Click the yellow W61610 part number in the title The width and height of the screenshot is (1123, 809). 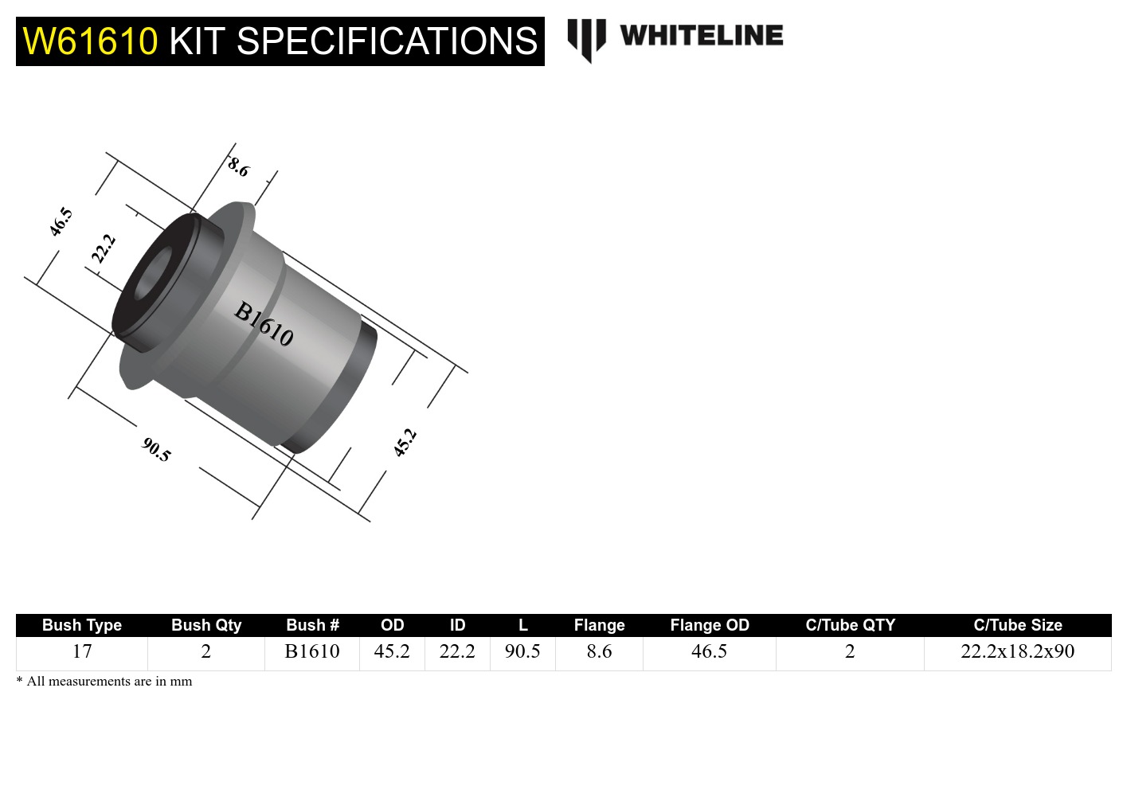90,41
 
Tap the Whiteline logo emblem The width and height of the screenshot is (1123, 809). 586,39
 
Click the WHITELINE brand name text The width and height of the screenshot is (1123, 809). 701,36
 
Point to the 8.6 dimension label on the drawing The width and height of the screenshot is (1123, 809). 238,167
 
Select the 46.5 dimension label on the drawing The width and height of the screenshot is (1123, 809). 61,221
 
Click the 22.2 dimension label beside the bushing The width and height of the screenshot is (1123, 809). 104,248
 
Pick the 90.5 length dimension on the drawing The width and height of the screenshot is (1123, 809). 156,450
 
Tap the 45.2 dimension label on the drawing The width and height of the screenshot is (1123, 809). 405,442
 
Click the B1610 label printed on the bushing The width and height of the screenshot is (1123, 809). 264,323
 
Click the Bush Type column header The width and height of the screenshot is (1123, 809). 81,625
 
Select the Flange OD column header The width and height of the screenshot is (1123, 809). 709,625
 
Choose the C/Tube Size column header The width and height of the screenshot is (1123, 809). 1017,625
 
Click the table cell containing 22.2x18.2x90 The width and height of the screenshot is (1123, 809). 1017,651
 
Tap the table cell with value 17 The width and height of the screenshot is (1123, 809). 81,651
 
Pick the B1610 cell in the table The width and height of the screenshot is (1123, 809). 311,651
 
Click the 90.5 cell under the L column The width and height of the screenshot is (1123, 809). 522,651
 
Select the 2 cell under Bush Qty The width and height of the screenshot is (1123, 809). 205,651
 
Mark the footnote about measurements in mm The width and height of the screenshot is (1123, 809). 104,682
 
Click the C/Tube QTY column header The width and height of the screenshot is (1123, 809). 850,625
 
